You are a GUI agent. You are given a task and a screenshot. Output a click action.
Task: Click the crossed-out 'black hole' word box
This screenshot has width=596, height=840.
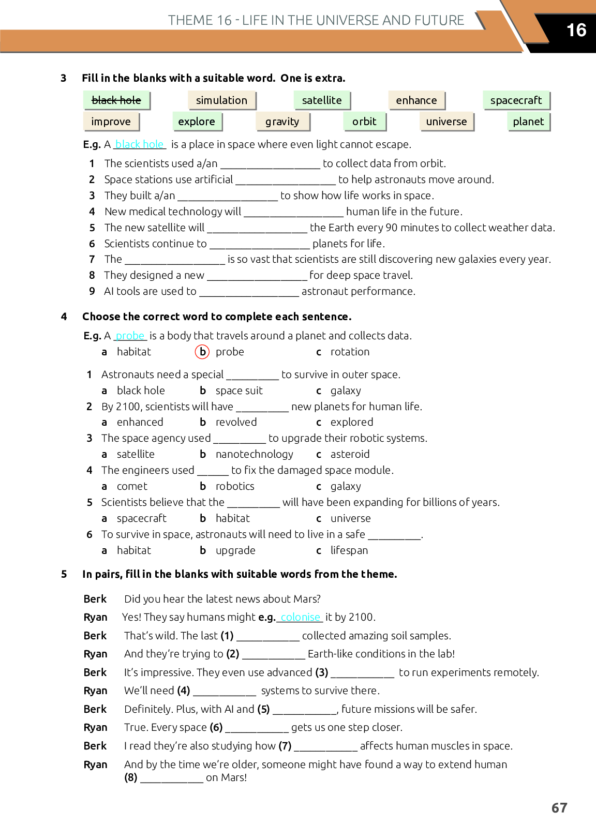coord(116,100)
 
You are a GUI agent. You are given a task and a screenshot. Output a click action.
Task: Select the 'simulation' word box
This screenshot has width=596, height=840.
coord(221,100)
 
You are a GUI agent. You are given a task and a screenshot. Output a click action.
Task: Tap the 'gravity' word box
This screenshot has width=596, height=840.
coord(282,122)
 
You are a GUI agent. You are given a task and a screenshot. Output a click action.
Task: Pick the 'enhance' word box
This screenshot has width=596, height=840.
coord(416,100)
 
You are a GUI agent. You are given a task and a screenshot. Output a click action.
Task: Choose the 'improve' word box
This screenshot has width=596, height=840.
coord(111,122)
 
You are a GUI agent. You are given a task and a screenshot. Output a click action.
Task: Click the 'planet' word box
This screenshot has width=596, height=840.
coord(528,122)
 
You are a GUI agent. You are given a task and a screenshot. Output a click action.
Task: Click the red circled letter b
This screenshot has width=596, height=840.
coord(202,352)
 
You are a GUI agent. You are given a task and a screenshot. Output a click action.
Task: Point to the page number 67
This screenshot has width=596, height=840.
coord(559,808)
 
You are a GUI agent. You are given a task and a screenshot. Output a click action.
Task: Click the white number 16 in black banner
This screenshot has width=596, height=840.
coord(576,30)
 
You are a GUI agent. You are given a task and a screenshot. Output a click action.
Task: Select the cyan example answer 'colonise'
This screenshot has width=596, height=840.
coord(301,617)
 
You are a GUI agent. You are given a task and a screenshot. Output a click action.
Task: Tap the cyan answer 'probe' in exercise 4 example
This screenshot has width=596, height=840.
coord(130,336)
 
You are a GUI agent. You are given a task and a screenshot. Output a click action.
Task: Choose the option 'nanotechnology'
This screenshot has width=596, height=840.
coord(254,454)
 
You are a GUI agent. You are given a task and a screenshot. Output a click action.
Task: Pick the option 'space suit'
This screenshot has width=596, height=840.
coord(239,391)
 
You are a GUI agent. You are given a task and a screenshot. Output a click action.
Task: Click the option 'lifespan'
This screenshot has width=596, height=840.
coord(349,550)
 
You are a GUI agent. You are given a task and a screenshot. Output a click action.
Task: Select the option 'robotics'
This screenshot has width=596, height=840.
coord(235,486)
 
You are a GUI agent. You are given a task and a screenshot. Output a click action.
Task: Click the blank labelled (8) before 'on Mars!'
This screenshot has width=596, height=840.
coord(172,779)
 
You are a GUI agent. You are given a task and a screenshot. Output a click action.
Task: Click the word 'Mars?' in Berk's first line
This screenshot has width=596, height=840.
coord(307,599)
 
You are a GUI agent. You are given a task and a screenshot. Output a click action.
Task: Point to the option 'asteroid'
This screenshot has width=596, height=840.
coord(350,454)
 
